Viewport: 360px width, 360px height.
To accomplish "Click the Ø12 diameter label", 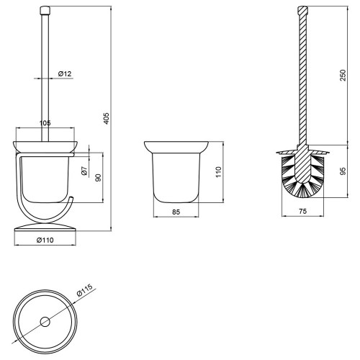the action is coord(65,74).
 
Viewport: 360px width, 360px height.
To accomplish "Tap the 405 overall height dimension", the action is coord(107,118).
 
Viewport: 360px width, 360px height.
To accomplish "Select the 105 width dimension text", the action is coord(45,123).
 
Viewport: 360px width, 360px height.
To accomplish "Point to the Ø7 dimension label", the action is coord(84,171).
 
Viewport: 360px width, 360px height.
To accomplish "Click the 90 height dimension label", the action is coord(99,177).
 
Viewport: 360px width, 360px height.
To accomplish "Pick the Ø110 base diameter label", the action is coord(45,240).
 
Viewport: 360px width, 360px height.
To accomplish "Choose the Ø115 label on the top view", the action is coord(84,290).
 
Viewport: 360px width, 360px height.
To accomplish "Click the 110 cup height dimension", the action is coord(219,172).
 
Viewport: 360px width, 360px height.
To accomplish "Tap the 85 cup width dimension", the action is coord(176,212).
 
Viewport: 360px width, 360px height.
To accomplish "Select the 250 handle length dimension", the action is coord(343,75).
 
